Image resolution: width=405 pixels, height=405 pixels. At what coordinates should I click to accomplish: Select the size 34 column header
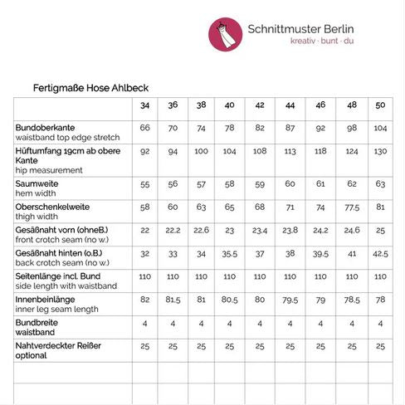(x=145, y=106)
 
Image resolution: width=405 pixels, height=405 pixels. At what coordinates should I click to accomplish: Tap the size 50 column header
(x=380, y=106)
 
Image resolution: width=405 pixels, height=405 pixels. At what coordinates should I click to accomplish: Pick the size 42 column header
(x=260, y=106)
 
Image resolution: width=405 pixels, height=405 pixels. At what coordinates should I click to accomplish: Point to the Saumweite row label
(x=37, y=181)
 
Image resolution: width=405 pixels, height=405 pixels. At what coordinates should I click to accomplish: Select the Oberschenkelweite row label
(x=52, y=205)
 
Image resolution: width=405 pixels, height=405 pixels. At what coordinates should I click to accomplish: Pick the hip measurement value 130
(x=380, y=152)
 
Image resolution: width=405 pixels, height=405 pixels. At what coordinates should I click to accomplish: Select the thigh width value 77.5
(x=351, y=207)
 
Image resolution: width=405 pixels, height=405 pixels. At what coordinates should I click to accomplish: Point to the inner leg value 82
(x=145, y=299)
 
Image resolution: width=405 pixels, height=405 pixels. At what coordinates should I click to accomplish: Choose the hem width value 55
(x=145, y=183)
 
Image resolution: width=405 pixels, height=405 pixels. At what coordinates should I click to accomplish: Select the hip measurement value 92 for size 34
(x=145, y=152)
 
